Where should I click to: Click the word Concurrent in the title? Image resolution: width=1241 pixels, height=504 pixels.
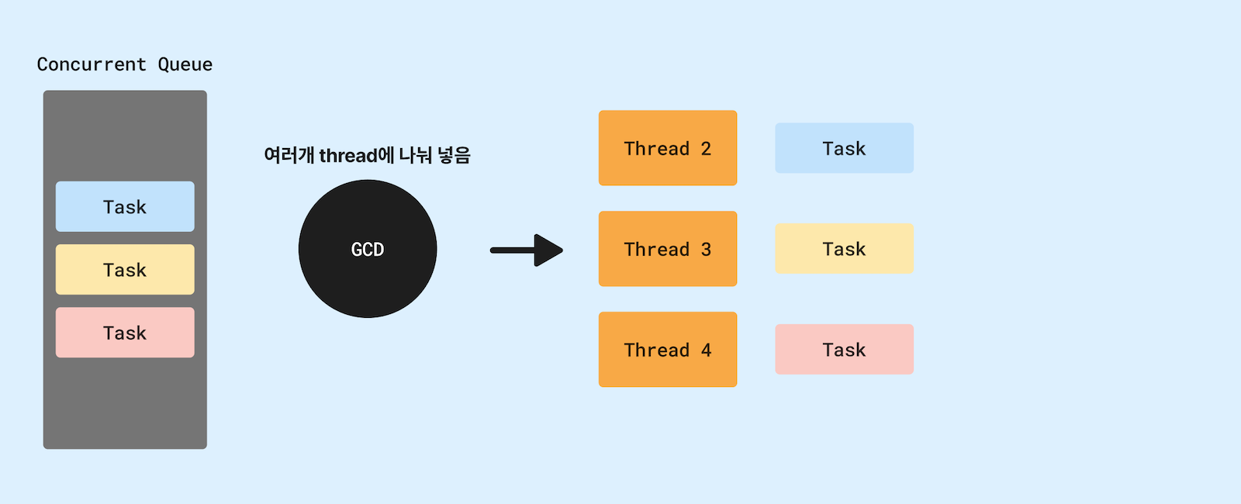point(92,64)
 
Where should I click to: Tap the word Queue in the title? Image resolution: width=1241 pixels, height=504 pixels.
point(185,64)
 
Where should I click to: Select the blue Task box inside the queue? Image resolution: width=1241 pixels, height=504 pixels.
point(125,206)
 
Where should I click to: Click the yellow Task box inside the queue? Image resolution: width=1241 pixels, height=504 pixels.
point(125,269)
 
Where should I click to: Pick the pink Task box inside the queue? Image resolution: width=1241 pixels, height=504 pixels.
point(125,332)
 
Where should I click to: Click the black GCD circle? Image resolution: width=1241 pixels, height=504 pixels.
point(368,249)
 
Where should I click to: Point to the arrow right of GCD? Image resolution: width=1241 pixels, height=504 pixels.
point(527,250)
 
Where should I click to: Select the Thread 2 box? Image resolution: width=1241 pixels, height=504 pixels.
point(668,148)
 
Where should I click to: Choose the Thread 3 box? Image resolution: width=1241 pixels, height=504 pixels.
point(668,249)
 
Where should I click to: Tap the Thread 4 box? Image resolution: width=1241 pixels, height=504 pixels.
point(668,350)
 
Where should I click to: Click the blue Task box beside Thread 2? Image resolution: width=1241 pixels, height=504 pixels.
point(844,148)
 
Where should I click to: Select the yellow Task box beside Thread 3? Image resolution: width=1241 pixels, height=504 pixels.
point(844,249)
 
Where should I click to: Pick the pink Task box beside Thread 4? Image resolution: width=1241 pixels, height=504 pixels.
point(844,350)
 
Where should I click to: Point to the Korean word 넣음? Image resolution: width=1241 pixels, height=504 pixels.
point(454,155)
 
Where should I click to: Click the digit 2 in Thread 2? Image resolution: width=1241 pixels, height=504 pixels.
point(706,149)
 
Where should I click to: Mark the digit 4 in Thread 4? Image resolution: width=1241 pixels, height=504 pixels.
point(706,350)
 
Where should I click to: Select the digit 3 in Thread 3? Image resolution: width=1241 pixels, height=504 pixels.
point(706,250)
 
